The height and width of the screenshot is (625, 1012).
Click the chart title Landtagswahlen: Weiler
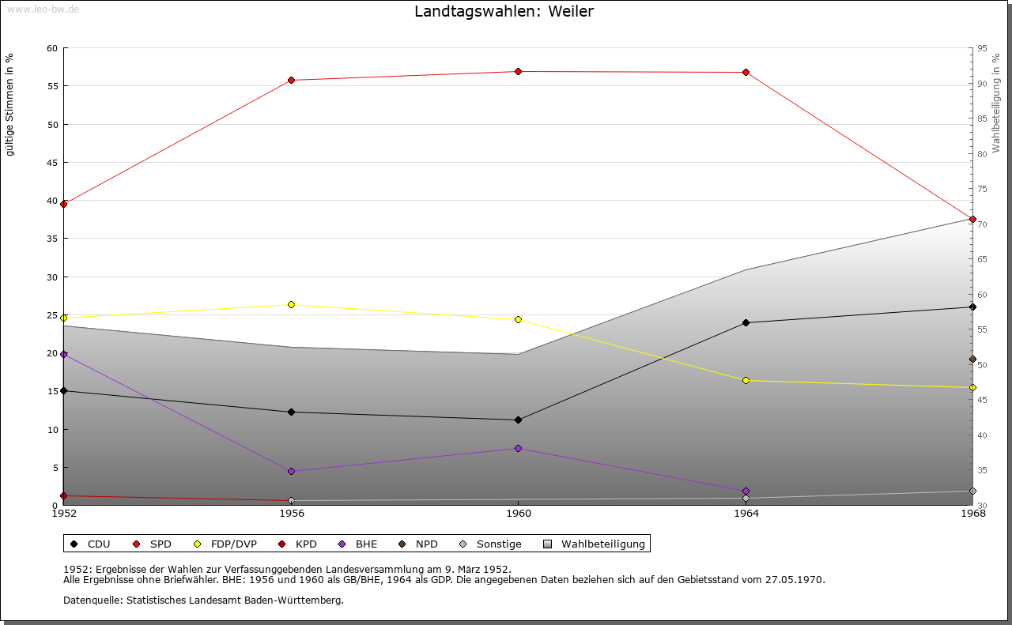[504, 12]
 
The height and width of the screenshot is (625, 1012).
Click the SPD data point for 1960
[519, 72]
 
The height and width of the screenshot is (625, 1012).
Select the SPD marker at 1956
[292, 80]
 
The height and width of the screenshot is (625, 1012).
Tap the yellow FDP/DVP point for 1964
[746, 381]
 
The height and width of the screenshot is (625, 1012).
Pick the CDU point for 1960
[519, 420]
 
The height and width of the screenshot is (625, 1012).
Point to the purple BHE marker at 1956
[292, 472]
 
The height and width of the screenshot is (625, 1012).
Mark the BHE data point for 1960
[519, 449]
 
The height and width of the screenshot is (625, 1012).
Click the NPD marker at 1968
[972, 360]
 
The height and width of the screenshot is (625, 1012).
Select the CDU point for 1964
[746, 322]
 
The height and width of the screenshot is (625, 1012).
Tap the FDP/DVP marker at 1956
[292, 305]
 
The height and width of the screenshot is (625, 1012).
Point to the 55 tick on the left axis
[51, 86]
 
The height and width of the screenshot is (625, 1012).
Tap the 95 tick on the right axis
[982, 48]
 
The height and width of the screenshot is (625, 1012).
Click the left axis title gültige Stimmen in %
[10, 104]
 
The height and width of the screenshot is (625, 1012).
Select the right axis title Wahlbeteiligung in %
[996, 103]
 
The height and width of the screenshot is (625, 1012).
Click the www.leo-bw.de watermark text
[43, 8]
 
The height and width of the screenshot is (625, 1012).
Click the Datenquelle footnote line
[203, 601]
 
